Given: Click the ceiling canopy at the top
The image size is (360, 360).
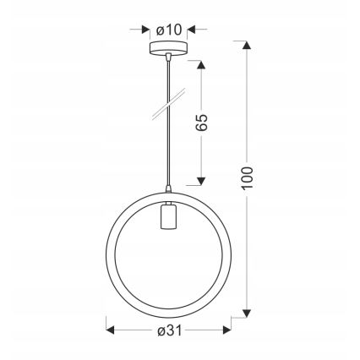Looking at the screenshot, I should tap(168, 50).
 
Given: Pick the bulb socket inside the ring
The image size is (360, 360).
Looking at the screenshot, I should tap(168, 221).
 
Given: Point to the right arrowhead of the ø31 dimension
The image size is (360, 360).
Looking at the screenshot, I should tap(229, 327).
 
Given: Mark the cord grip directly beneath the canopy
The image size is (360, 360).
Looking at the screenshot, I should tap(168, 58).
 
